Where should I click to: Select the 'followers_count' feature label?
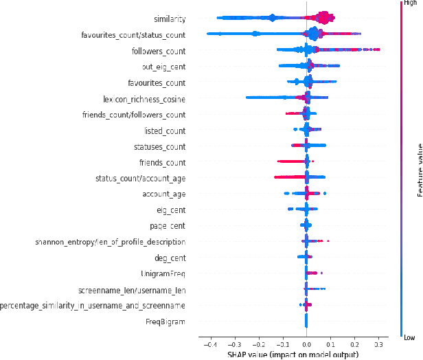pos(158,51)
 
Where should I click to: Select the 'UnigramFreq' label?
pos(163,273)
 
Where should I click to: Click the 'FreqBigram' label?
pos(165,322)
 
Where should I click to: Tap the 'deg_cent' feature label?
pos(168,258)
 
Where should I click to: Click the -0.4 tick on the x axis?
pos(210,344)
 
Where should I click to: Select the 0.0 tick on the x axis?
pos(306,344)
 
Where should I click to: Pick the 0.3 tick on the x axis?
pos(378,344)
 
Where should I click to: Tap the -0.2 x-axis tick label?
pos(258,344)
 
